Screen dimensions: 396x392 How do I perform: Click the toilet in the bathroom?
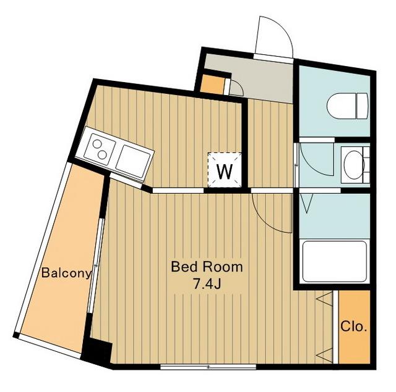coord(348,106)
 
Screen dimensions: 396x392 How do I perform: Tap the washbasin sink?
coord(353,165)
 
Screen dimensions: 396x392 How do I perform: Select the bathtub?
coord(334,261)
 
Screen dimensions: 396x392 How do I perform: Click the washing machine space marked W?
coord(224,170)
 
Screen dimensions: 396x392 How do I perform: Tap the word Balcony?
coord(66,273)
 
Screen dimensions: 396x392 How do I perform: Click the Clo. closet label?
coord(353,327)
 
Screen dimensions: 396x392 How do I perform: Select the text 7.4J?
coord(207,284)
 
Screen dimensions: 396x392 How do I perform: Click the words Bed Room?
coord(207,267)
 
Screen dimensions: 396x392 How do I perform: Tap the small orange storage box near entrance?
coord(213,83)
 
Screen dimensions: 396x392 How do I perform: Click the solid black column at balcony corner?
coord(97,352)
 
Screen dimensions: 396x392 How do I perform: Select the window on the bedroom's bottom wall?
coord(208,367)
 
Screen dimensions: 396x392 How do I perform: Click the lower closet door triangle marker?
coord(324,355)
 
